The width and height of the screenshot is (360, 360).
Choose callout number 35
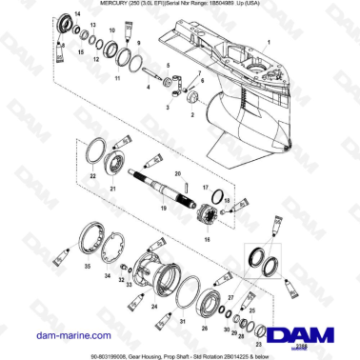tap(87, 270)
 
